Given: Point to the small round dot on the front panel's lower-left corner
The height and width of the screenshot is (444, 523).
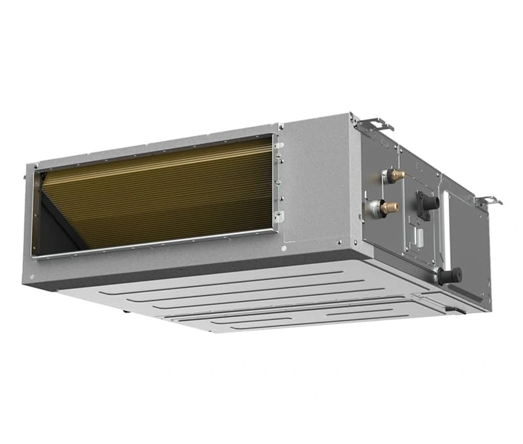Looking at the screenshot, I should [x=32, y=277].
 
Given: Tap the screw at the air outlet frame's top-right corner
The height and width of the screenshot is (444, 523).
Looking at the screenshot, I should [x=281, y=126].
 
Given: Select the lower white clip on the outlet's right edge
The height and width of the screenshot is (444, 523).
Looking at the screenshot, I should [x=281, y=215].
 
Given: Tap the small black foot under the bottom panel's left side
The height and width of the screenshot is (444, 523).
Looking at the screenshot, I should [x=126, y=312].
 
